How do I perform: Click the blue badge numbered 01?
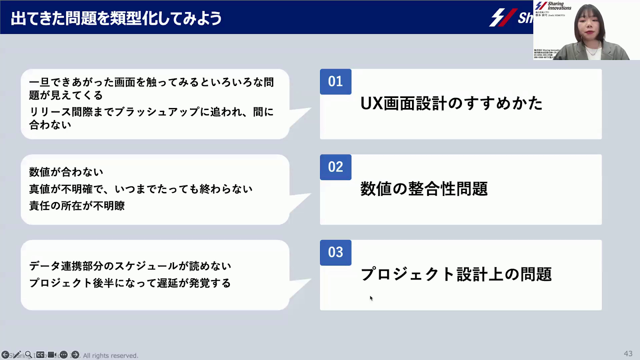(x=336, y=82)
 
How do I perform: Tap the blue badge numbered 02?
(x=336, y=167)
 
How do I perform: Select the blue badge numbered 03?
(x=336, y=252)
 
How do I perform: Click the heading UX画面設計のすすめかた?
(x=451, y=103)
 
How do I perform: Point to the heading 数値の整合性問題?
(x=424, y=189)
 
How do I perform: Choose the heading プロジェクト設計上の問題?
(x=456, y=274)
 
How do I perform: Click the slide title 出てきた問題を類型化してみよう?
(x=116, y=18)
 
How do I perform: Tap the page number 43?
(x=628, y=354)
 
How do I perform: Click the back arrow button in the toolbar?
(x=6, y=355)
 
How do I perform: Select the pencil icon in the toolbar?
(x=17, y=355)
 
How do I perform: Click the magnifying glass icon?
(x=29, y=355)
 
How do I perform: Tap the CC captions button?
(x=40, y=355)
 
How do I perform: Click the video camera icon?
(x=52, y=355)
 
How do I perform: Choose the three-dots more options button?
(x=64, y=355)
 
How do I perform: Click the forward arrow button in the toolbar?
(x=75, y=355)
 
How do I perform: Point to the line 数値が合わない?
(x=66, y=172)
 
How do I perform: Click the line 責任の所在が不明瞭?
(x=77, y=206)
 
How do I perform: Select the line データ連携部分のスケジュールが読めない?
(x=130, y=266)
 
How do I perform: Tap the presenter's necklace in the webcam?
(x=592, y=51)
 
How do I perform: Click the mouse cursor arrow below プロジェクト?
(x=371, y=298)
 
